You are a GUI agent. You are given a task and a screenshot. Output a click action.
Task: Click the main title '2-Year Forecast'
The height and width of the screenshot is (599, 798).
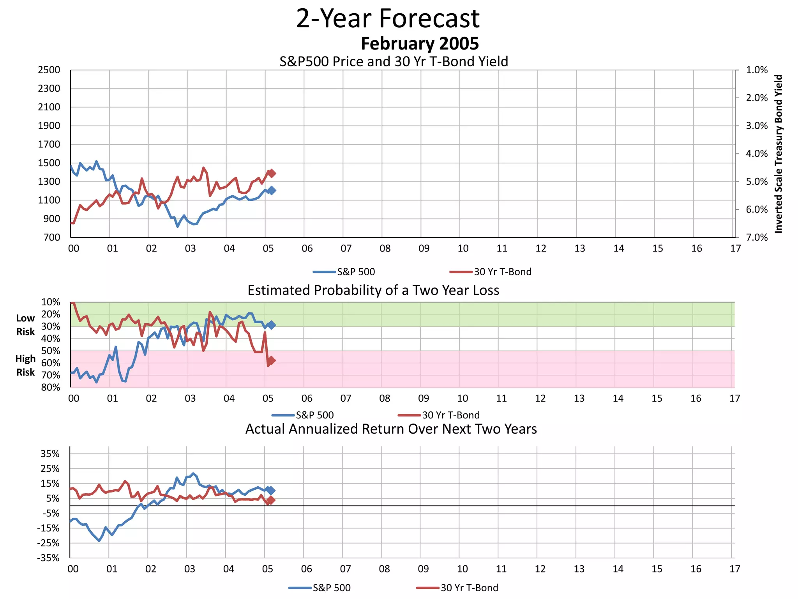click(388, 19)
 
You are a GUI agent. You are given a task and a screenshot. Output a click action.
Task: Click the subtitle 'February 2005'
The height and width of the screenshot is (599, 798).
click(420, 44)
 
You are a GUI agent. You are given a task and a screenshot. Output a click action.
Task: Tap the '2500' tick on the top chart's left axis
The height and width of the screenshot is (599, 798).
click(49, 70)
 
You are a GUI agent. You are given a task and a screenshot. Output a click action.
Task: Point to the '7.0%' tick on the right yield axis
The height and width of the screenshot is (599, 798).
click(756, 237)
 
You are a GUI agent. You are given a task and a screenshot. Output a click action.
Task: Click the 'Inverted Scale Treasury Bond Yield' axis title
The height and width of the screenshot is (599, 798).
click(778, 154)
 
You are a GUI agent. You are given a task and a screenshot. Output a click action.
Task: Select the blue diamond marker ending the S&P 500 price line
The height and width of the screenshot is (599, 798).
click(272, 190)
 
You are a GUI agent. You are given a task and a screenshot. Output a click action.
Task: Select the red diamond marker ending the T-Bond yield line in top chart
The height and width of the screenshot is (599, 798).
click(272, 173)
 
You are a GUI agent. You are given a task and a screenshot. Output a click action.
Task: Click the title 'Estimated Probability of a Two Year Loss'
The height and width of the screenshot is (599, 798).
click(373, 291)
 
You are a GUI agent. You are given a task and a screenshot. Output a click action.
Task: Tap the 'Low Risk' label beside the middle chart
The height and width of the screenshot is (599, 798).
click(25, 325)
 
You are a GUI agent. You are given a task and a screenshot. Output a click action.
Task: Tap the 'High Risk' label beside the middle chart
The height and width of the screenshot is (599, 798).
click(25, 365)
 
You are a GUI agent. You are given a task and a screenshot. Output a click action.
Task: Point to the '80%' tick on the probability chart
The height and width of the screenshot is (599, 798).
click(51, 387)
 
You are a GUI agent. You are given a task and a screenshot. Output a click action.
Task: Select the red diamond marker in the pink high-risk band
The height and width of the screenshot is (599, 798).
click(271, 361)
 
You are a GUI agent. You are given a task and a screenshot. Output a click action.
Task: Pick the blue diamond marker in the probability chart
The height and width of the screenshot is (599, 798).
click(271, 325)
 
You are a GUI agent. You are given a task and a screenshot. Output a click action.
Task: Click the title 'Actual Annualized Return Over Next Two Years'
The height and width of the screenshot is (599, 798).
click(391, 429)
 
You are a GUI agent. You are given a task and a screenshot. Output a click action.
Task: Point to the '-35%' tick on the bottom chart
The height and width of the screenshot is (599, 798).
click(49, 558)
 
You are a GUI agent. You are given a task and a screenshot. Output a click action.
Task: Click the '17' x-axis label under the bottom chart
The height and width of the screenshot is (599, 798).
click(734, 569)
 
